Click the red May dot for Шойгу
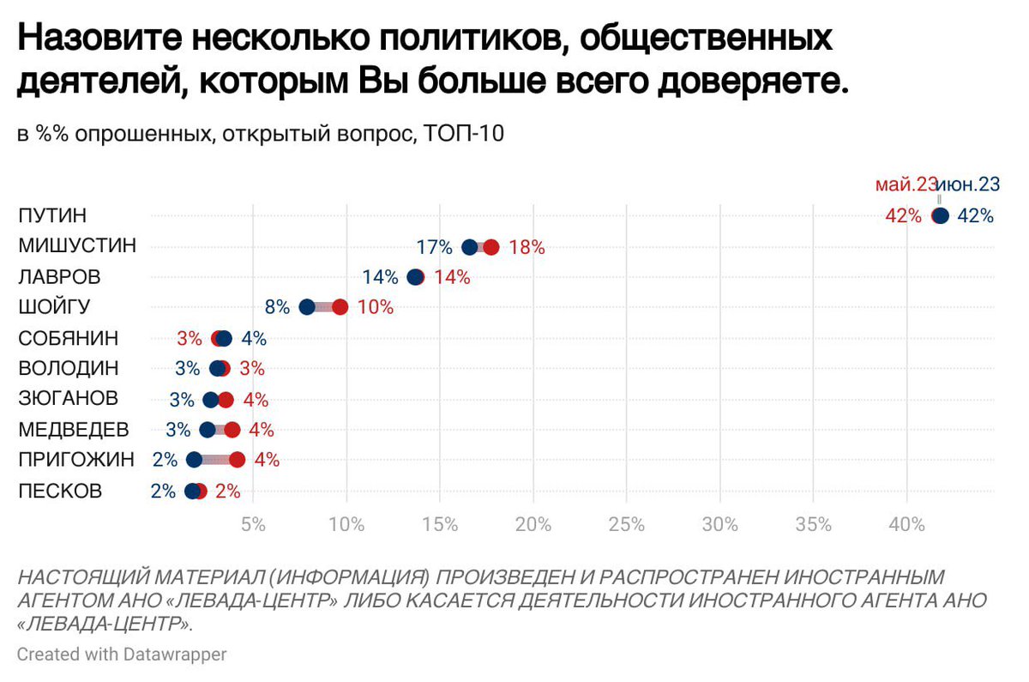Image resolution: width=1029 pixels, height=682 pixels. pyautogui.click(x=340, y=307)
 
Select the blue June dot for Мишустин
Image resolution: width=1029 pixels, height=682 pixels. pyautogui.click(x=470, y=247)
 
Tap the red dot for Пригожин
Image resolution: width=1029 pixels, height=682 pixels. pyautogui.click(x=238, y=460)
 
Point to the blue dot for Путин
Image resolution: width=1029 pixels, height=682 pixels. pyautogui.click(x=942, y=216)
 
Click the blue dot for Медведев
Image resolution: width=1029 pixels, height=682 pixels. pyautogui.click(x=208, y=430)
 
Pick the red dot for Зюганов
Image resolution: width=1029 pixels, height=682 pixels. pyautogui.click(x=226, y=400)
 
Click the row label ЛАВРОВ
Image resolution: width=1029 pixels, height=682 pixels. pyautogui.click(x=59, y=277)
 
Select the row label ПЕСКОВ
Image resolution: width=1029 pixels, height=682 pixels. pyautogui.click(x=60, y=492)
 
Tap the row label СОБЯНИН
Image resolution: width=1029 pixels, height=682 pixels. pyautogui.click(x=69, y=338)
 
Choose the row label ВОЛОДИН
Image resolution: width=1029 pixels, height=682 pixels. pyautogui.click(x=69, y=369)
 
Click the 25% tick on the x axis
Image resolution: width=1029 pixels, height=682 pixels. pyautogui.click(x=626, y=524)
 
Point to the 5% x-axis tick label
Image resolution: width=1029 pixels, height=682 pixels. pyautogui.click(x=253, y=524)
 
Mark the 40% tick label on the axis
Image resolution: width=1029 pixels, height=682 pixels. pyautogui.click(x=906, y=524)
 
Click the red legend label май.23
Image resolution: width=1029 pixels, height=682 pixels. pyautogui.click(x=906, y=184)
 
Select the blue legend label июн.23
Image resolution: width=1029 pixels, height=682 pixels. pyautogui.click(x=969, y=184)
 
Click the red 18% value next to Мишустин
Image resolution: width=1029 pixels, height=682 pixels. pyautogui.click(x=527, y=248)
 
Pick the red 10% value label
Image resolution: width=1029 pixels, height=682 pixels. pyautogui.click(x=375, y=307)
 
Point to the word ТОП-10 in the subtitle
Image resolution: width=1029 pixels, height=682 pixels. pyautogui.click(x=464, y=134)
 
